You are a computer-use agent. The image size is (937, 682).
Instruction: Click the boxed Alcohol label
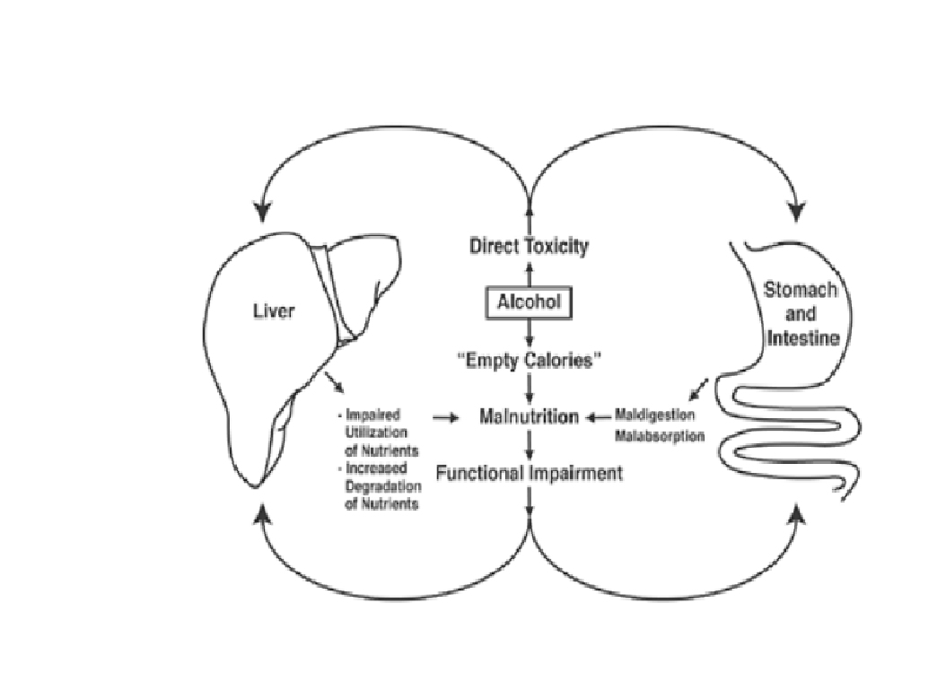coord(529,302)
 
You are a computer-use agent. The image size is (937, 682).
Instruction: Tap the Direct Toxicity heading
coord(529,246)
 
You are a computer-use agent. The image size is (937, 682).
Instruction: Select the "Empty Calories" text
coord(530,360)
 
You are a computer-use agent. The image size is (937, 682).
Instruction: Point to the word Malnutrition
coord(529,417)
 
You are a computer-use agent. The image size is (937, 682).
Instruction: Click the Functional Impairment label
coord(529,473)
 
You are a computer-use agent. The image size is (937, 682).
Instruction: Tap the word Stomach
coord(800,290)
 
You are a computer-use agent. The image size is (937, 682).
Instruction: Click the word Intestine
coord(801,339)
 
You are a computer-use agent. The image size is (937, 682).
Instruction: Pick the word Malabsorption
coord(660,436)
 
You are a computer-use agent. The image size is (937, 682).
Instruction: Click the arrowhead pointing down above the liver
coord(261,212)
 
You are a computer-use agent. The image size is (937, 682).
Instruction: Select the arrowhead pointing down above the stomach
coord(796,212)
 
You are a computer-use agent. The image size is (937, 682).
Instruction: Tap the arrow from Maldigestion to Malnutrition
coord(599,417)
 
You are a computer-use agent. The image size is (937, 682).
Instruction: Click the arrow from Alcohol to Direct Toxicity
coord(529,274)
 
